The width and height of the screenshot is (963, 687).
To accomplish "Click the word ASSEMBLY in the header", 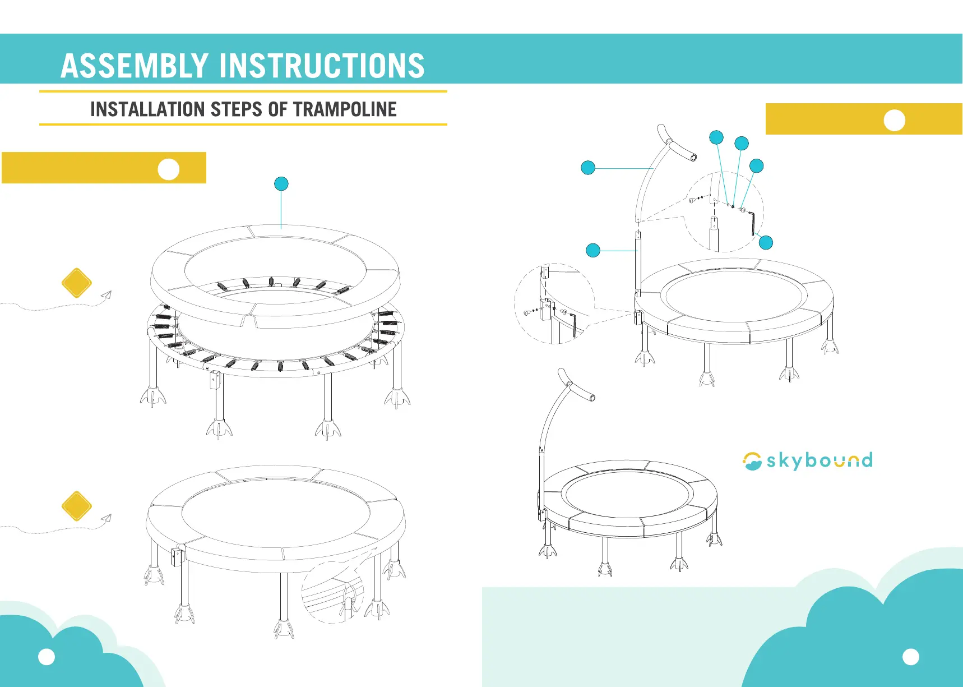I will (135, 66).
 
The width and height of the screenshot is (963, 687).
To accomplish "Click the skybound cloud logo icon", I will (752, 461).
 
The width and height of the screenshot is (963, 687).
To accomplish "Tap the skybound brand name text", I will (820, 461).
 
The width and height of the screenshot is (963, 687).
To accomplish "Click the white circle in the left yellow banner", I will (169, 169).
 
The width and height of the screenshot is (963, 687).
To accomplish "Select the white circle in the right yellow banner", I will (894, 120).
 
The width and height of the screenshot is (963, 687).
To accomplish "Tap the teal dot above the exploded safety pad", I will (281, 184).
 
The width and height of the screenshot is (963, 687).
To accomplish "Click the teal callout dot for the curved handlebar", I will (588, 168).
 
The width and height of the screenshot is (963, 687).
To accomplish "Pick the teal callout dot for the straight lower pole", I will (593, 250).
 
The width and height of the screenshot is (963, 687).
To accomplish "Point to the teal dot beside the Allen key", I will (766, 242).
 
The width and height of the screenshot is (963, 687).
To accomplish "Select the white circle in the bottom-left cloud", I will (47, 657).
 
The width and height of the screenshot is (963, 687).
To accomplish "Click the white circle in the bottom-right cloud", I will (911, 657).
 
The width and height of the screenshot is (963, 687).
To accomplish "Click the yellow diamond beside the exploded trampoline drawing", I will (77, 283).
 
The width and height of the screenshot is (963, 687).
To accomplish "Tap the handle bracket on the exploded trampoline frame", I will (214, 381).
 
